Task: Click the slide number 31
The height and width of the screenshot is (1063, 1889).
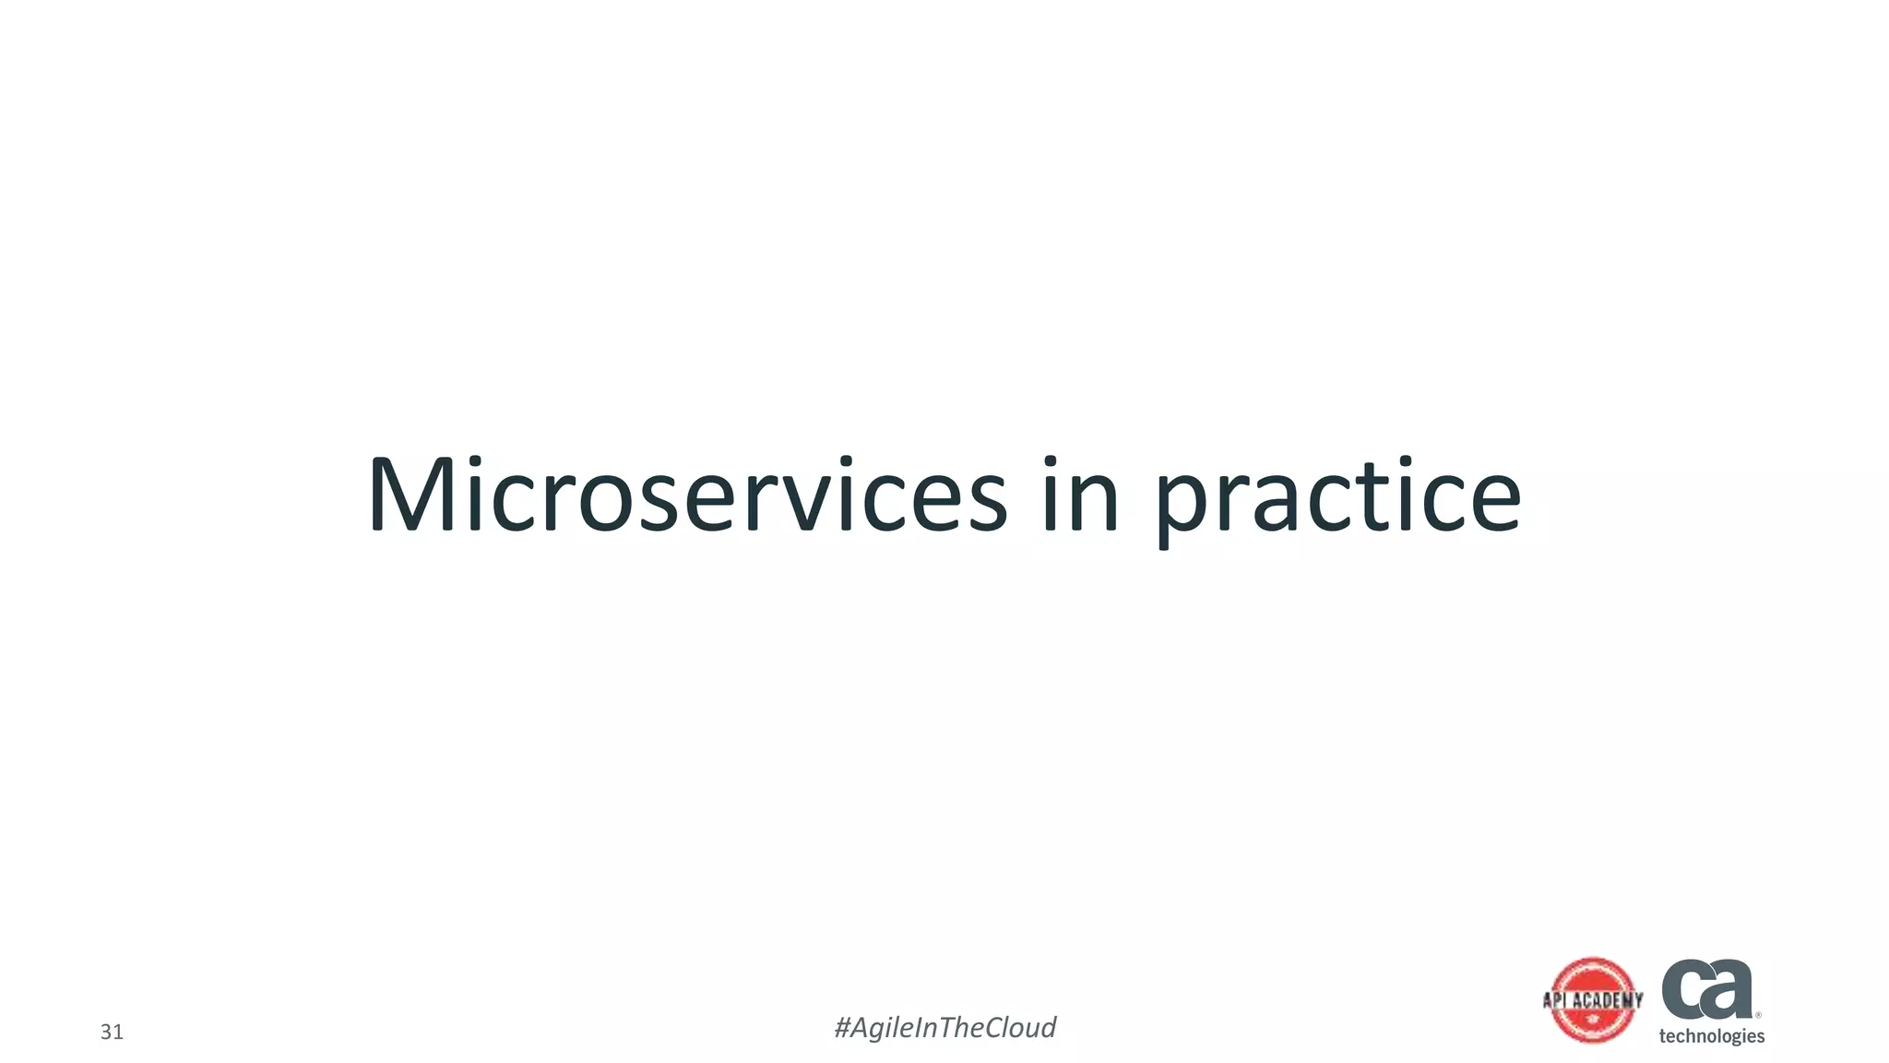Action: [x=112, y=1032]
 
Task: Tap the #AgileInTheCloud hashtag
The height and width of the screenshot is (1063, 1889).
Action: [x=944, y=1027]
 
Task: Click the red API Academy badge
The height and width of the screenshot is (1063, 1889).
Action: [x=1593, y=1000]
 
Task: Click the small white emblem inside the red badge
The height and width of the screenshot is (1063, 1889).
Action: [x=1593, y=1021]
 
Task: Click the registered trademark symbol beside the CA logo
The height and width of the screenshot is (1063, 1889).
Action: [x=1758, y=1015]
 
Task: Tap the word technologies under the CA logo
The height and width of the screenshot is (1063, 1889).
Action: [x=1711, y=1036]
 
